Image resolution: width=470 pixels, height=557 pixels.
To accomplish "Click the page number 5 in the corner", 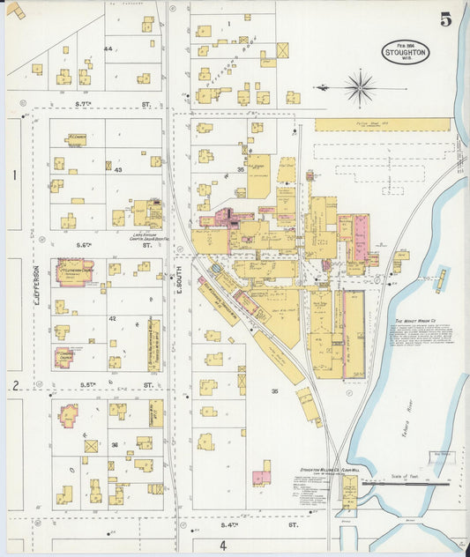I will pyautogui.click(x=445, y=19).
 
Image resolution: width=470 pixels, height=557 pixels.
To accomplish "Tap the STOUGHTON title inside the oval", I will pyautogui.click(x=407, y=53).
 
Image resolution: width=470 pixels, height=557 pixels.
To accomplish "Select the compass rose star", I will pyautogui.click(x=360, y=87).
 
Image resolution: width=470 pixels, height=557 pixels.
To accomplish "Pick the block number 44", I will pyautogui.click(x=108, y=48).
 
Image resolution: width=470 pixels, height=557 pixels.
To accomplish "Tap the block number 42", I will pyautogui.click(x=112, y=317).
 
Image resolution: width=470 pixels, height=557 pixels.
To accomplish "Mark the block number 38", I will pyautogui.click(x=115, y=445).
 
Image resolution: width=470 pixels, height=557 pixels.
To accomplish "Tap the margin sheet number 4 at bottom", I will pyautogui.click(x=223, y=546).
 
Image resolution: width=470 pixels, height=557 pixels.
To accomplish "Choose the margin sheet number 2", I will pyautogui.click(x=16, y=385).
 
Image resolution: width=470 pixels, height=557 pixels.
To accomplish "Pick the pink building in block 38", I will pyautogui.click(x=69, y=414).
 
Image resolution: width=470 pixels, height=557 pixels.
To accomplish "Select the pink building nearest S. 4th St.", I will pyautogui.click(x=262, y=477).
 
